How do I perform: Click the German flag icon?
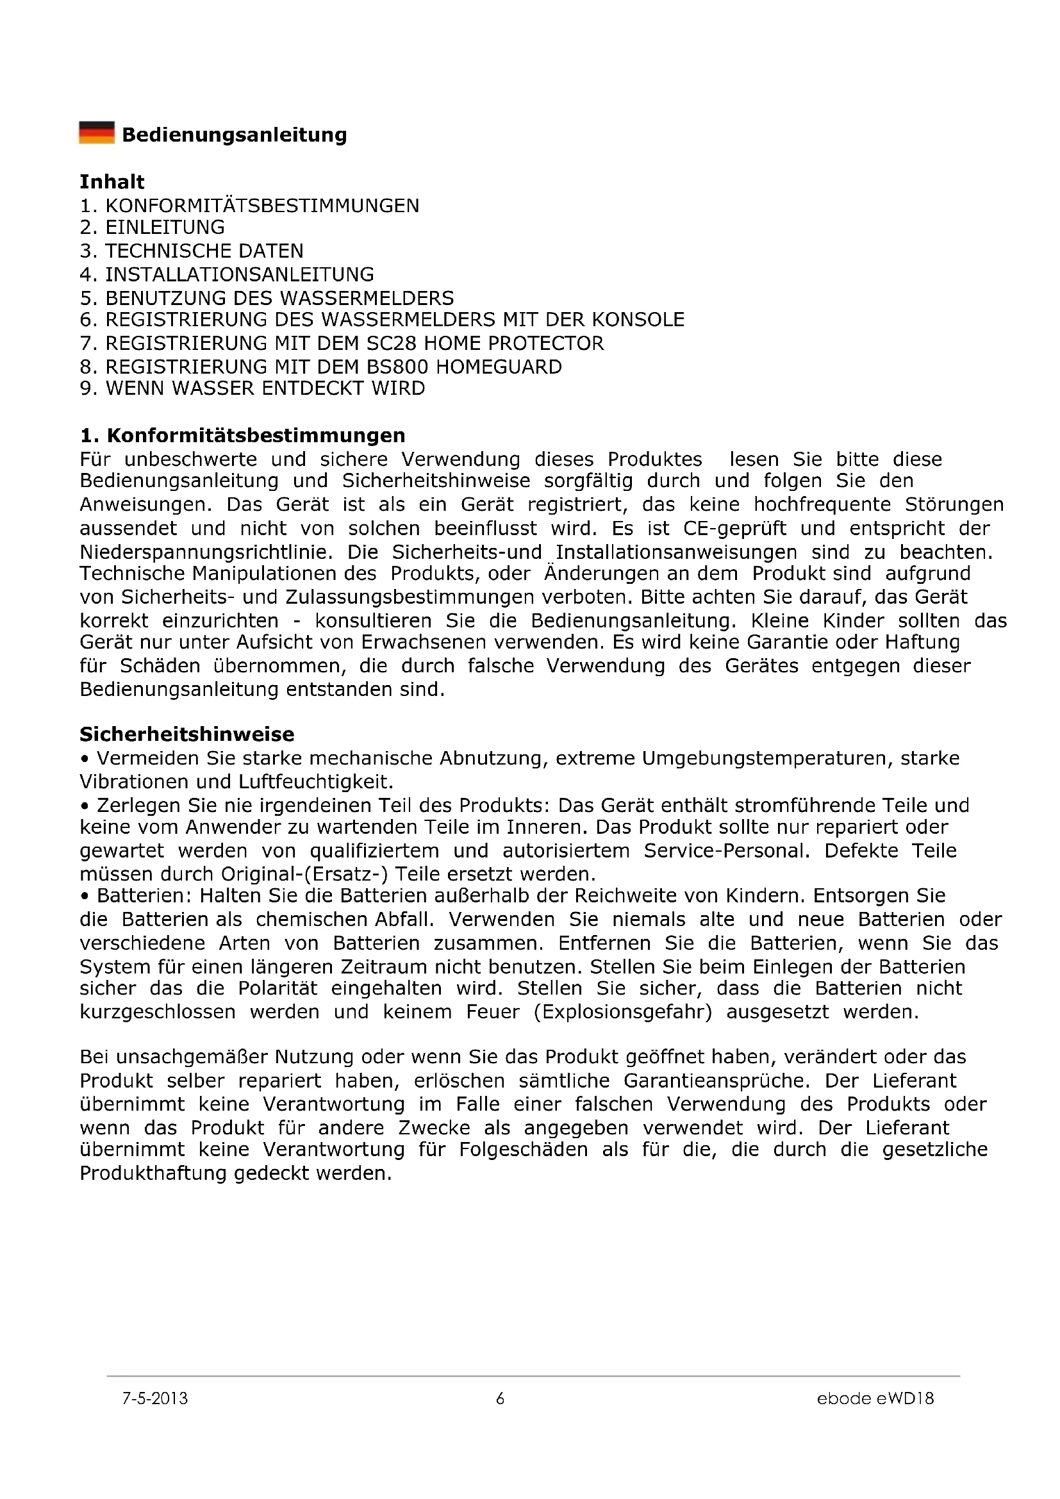point(97,133)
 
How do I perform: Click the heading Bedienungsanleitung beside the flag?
point(235,135)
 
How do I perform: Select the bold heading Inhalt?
point(112,182)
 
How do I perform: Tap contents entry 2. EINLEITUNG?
point(152,228)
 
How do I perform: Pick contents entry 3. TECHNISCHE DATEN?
point(191,251)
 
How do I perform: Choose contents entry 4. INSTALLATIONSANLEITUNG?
point(226,274)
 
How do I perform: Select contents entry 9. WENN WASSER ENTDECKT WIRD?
point(252,389)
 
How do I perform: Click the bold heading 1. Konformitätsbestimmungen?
point(242,435)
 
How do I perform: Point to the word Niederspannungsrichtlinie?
point(206,552)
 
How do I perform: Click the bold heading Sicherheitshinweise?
point(186,734)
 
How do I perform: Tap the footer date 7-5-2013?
point(154,1398)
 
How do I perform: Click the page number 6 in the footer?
point(501,1398)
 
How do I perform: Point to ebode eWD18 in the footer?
point(875,1398)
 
